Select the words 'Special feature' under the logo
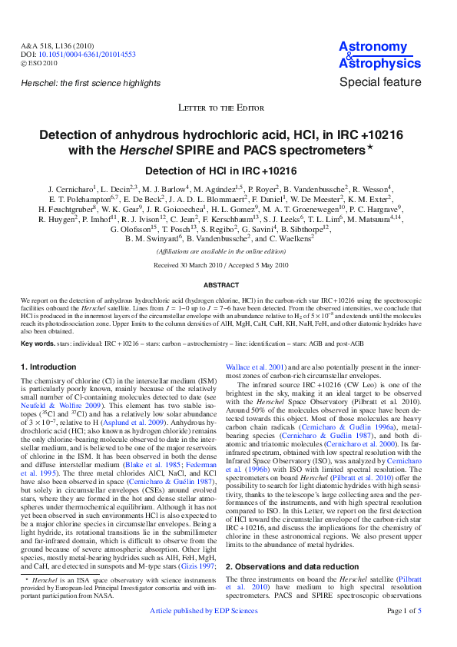tap(380, 82)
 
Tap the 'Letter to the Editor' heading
tap(228, 108)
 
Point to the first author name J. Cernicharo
tap(71, 188)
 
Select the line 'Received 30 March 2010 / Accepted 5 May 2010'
tap(228, 265)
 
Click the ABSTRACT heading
tap(228, 285)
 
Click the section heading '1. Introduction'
tap(49, 367)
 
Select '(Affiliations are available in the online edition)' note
tap(228, 251)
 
